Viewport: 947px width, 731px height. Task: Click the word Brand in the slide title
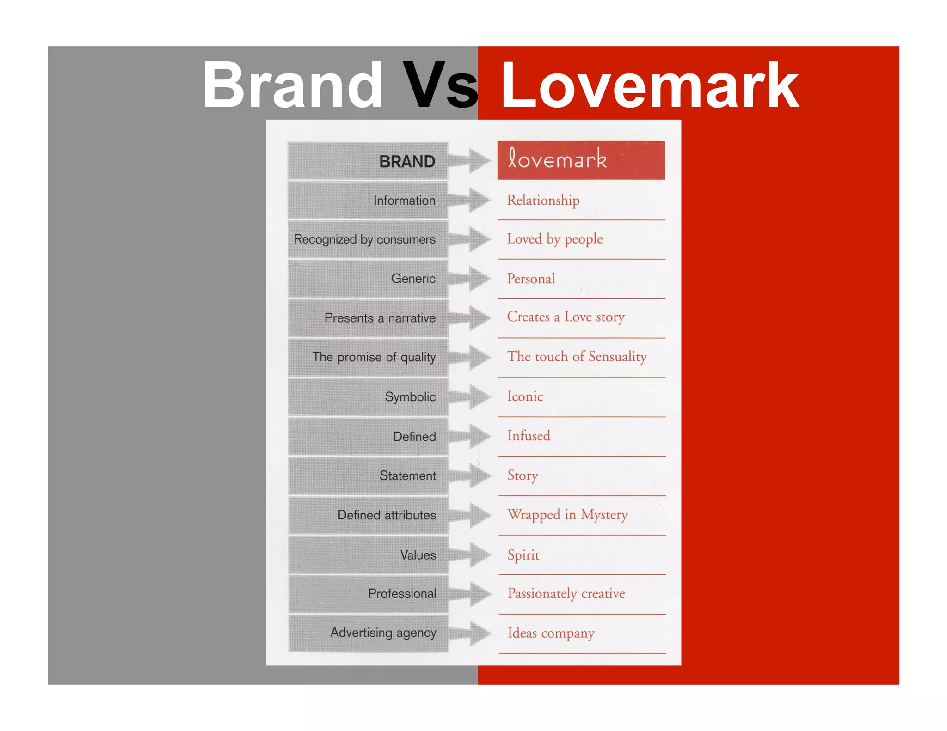[292, 86]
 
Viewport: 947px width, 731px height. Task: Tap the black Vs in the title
[440, 86]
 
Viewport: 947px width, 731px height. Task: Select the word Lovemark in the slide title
[650, 86]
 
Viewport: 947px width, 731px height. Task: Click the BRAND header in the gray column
[407, 162]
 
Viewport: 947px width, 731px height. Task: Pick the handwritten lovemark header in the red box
[557, 159]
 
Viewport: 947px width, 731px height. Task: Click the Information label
[404, 201]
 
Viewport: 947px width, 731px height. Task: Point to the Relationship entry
[543, 201]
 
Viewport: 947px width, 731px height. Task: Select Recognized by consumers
[364, 239]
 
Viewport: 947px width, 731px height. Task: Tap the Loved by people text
[555, 239]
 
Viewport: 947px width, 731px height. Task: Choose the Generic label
[413, 279]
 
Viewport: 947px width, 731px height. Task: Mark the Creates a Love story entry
[566, 317]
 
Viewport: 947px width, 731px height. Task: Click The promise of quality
[374, 357]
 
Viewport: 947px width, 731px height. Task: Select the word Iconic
[525, 396]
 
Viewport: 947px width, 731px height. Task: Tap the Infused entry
[529, 436]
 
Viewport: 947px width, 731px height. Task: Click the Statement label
[407, 475]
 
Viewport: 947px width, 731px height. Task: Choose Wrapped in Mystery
[567, 515]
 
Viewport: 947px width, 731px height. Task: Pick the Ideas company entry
[551, 633]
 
